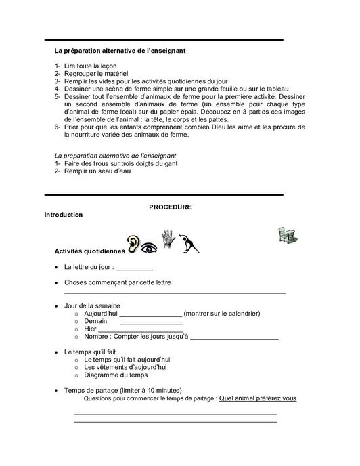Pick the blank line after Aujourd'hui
(x=151, y=314)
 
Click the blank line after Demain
(x=138, y=322)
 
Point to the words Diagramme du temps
(x=115, y=375)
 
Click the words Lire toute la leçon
(x=92, y=65)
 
